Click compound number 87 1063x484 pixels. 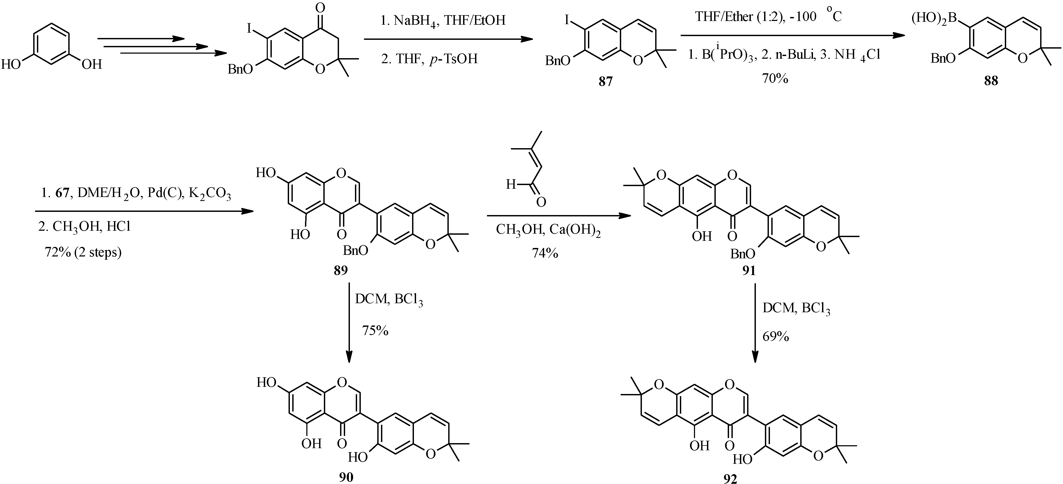click(605, 81)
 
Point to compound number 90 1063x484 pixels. click(346, 477)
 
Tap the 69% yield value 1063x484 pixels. click(776, 336)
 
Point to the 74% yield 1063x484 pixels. click(545, 253)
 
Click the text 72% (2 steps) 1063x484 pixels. click(83, 252)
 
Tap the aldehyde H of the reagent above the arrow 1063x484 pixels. click(511, 184)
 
